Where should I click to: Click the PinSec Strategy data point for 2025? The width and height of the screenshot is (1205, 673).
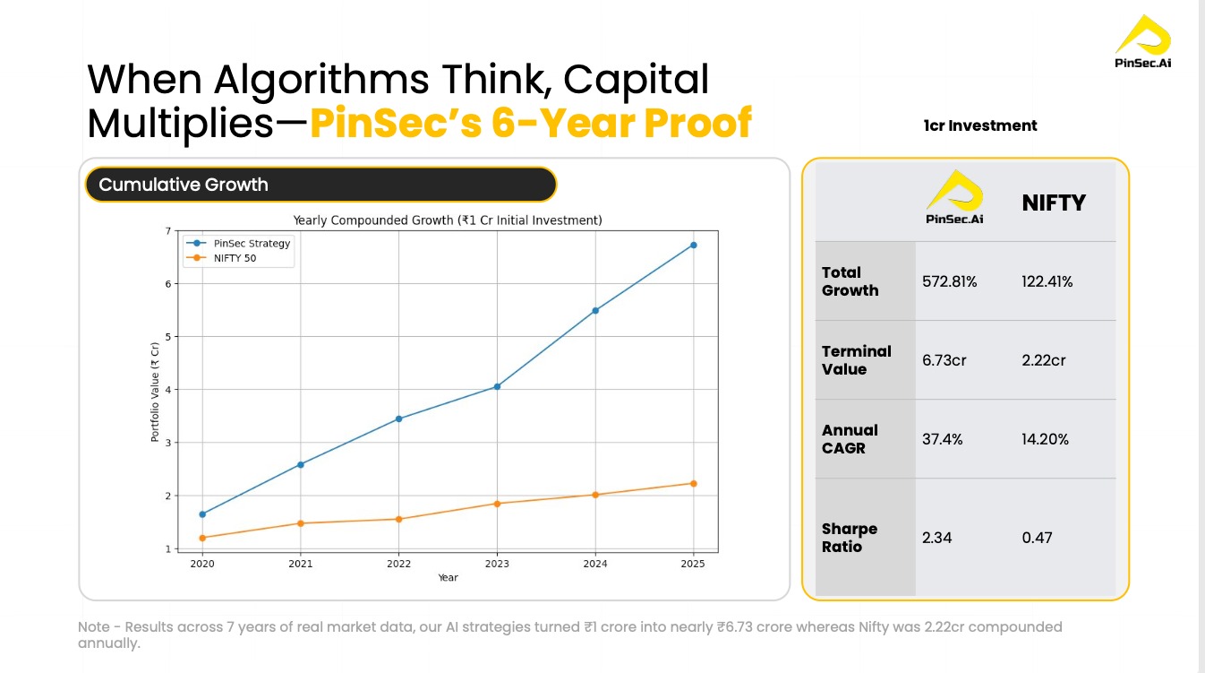[693, 245]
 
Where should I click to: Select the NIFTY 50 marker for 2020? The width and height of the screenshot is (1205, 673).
[202, 538]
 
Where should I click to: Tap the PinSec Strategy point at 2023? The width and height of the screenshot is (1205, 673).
[497, 386]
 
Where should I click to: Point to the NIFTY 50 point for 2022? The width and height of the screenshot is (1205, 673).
[398, 519]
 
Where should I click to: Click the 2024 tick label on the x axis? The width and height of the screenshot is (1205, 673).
[595, 564]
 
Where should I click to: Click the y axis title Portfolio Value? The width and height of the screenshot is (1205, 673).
[155, 393]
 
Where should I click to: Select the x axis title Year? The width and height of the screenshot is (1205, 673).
[448, 578]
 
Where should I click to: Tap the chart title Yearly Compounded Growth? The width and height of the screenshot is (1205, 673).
[448, 220]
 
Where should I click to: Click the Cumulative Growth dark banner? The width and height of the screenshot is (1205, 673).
[320, 185]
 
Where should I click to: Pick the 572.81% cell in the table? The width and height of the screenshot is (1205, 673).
[949, 281]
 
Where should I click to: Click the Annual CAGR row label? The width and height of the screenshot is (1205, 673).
[850, 439]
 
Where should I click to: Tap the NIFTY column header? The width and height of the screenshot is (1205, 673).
[1053, 203]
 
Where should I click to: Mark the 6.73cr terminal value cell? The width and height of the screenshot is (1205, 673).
[944, 360]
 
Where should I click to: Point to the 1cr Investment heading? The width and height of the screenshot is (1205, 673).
[979, 125]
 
